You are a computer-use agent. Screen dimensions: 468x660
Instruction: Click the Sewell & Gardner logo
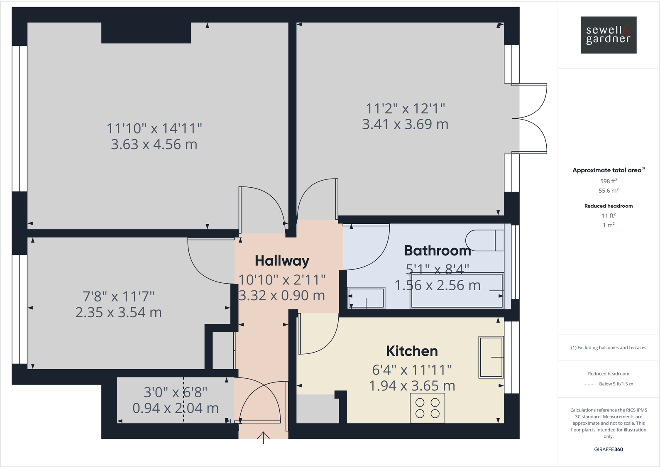[x=608, y=35]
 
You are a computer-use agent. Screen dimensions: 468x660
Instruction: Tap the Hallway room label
[x=282, y=261]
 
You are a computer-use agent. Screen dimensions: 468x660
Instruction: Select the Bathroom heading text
[x=437, y=251]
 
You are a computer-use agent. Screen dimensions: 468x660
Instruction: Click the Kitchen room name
[x=412, y=351]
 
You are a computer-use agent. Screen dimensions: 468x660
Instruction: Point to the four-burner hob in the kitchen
[x=428, y=408]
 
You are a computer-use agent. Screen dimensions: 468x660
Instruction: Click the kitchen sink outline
[x=491, y=357]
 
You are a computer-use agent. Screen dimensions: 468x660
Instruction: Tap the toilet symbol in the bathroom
[x=484, y=240]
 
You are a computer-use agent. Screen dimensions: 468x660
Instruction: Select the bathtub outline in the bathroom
[x=457, y=291]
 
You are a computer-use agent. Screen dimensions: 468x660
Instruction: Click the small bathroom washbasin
[x=366, y=298]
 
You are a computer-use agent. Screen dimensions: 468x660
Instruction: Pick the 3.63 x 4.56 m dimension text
[x=154, y=145]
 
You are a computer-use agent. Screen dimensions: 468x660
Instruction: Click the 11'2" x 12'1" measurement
[x=405, y=109]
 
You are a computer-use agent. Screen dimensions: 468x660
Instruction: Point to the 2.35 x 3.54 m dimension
[x=118, y=312]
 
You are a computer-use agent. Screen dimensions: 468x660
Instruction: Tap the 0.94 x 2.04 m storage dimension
[x=175, y=408]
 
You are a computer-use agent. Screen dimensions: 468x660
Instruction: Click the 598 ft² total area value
[x=608, y=181]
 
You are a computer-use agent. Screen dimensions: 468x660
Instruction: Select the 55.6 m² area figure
[x=608, y=191]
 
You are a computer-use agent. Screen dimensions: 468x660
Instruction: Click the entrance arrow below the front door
[x=263, y=437]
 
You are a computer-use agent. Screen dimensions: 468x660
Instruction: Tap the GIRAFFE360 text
[x=608, y=449]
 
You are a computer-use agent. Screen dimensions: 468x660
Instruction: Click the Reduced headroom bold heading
[x=608, y=206]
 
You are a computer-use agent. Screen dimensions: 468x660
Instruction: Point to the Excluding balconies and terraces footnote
[x=608, y=348]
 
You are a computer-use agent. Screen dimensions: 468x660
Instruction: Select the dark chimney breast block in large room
[x=146, y=33]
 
